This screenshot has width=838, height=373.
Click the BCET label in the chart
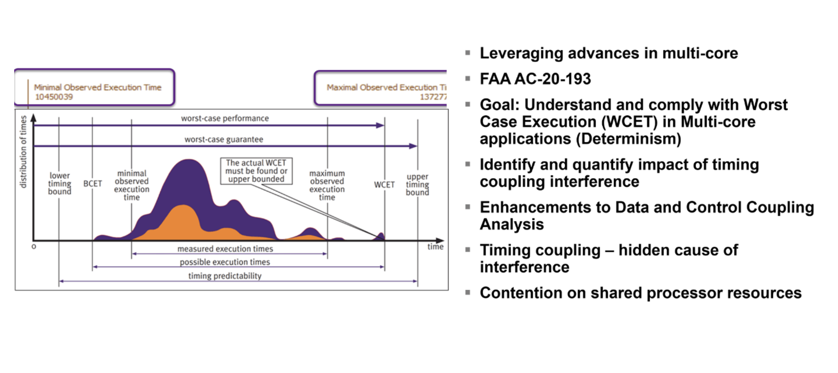pyautogui.click(x=92, y=184)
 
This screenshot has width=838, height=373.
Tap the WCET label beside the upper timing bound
pyautogui.click(x=384, y=185)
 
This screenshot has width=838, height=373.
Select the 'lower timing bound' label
pyautogui.click(x=59, y=183)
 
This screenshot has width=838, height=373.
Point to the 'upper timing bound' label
pyautogui.click(x=417, y=185)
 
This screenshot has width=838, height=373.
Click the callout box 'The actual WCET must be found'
pyautogui.click(x=256, y=171)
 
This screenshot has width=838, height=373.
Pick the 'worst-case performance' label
pyautogui.click(x=225, y=119)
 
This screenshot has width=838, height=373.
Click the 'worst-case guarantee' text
pyautogui.click(x=224, y=140)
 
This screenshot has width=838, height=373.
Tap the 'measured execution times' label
pyautogui.click(x=225, y=249)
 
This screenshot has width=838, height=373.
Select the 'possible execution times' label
pyautogui.click(x=225, y=262)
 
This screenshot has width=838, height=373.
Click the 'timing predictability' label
pyautogui.click(x=225, y=276)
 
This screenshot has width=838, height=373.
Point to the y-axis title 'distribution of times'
pyautogui.click(x=23, y=152)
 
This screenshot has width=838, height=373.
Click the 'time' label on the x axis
pyautogui.click(x=435, y=247)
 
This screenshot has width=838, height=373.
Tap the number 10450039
pyautogui.click(x=54, y=97)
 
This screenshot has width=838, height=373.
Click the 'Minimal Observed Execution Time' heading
pyautogui.click(x=98, y=87)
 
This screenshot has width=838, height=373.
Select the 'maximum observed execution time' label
pyautogui.click(x=327, y=185)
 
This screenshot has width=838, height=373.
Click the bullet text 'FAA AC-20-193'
pyautogui.click(x=535, y=79)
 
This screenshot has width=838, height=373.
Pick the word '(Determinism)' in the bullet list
pyautogui.click(x=628, y=139)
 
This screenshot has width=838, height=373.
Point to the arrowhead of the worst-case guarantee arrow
pyautogui.click(x=413, y=146)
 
